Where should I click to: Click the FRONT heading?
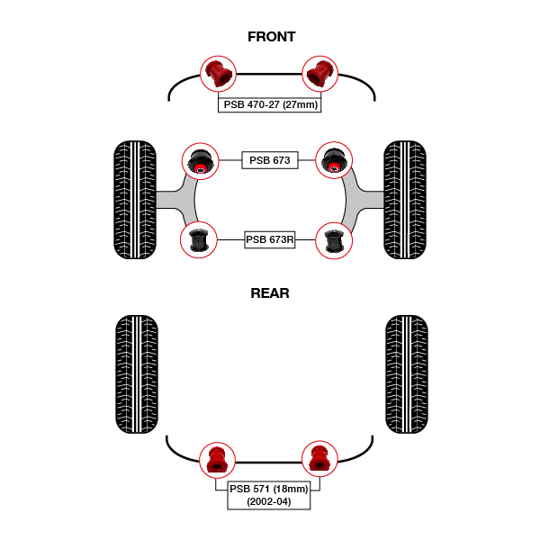tap(271, 37)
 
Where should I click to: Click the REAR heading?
tap(270, 293)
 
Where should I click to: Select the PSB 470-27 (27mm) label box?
tap(270, 104)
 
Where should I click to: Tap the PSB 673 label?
tap(269, 160)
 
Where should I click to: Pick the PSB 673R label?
tap(270, 239)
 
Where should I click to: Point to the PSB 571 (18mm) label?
tap(268, 488)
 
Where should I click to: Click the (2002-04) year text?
tap(268, 501)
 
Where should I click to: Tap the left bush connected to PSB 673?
tap(199, 161)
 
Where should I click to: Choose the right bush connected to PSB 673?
tap(333, 161)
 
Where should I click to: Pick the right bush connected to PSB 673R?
tap(333, 240)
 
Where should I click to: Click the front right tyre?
tap(405, 200)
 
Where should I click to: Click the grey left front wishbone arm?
tap(176, 200)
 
